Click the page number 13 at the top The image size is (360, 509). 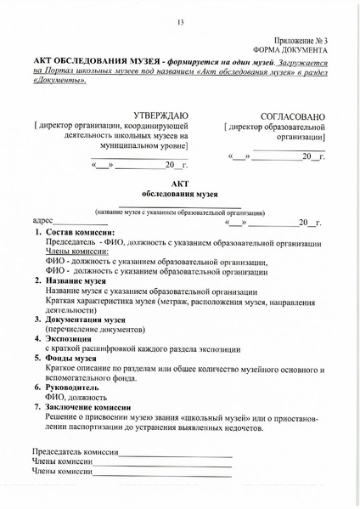click(x=180, y=22)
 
